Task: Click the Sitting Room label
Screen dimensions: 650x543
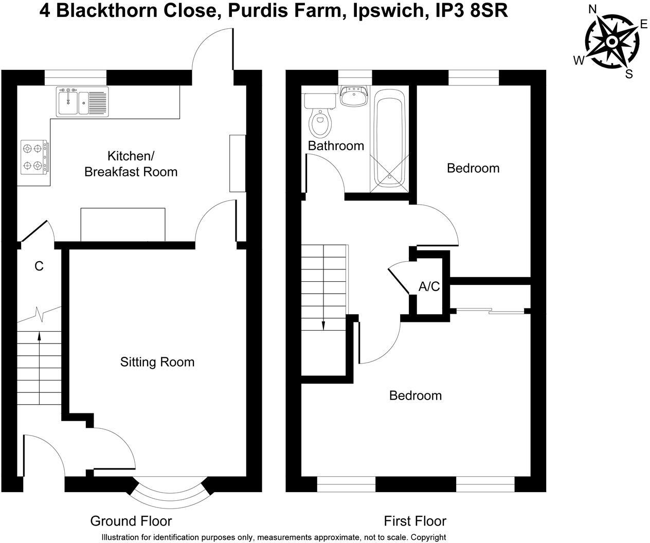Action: (x=157, y=362)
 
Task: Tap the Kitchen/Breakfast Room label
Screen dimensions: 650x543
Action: (x=131, y=164)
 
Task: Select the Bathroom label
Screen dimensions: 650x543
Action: (x=336, y=146)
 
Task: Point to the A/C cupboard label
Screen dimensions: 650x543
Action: (x=429, y=286)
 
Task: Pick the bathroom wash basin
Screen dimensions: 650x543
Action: (x=354, y=96)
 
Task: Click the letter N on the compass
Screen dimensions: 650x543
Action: (x=592, y=9)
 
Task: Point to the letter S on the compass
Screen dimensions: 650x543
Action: (x=628, y=74)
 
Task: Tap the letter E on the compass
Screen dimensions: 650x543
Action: (x=643, y=24)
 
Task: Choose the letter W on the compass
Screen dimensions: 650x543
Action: (x=579, y=61)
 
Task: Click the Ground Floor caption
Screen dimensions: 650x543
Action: (x=131, y=521)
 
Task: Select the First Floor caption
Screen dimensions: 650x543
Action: (x=415, y=521)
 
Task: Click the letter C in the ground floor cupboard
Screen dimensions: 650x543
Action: (x=39, y=266)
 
